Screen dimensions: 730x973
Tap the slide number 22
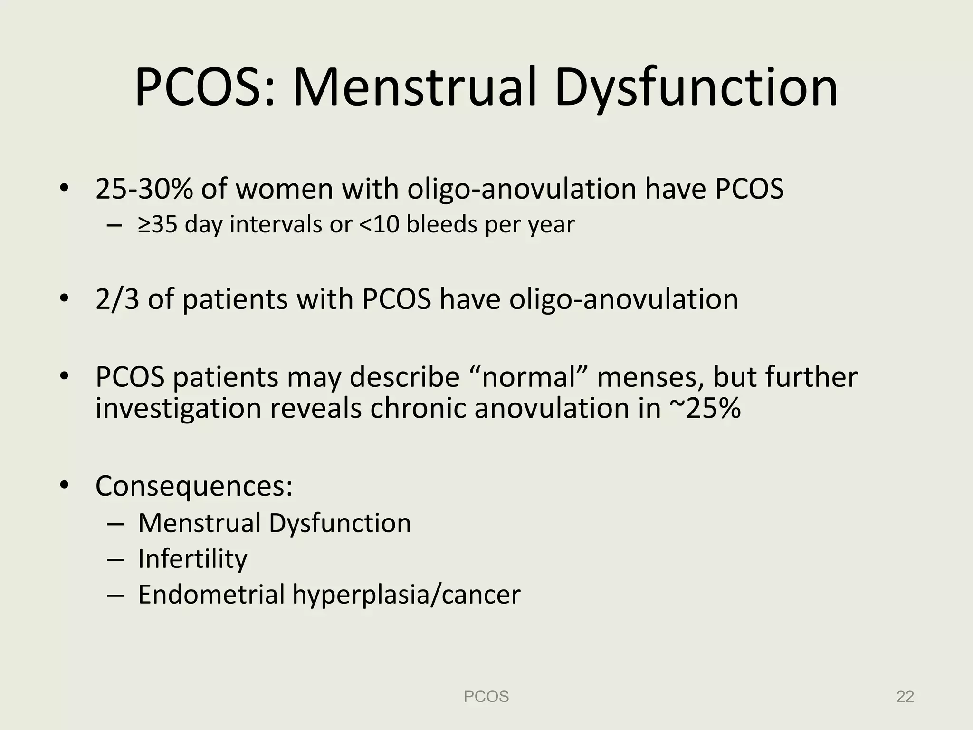coord(905,696)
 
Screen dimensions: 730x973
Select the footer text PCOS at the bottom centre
coord(486,696)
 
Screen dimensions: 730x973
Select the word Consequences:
coord(194,486)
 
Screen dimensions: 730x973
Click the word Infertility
coord(192,559)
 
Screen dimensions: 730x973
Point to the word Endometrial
coord(211,595)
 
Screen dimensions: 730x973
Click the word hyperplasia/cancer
coord(406,595)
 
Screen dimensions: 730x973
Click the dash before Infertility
coord(115,560)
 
